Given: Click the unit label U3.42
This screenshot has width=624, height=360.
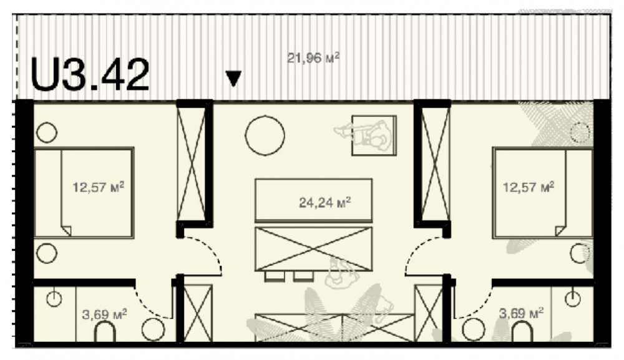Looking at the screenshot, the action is tap(90, 75).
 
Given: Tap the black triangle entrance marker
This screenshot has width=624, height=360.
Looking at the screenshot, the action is tap(233, 79).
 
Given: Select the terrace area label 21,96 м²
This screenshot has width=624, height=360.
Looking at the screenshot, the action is tap(314, 58).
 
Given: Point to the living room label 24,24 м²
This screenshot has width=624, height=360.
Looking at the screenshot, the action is tap(324, 203).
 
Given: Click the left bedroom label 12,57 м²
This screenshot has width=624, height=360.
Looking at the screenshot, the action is tap(99, 187).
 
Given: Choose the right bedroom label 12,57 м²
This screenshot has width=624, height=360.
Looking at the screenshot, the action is tap(529, 187).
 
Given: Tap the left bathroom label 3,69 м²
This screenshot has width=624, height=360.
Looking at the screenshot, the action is tap(104, 314).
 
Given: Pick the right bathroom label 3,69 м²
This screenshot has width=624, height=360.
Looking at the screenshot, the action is tap(521, 314).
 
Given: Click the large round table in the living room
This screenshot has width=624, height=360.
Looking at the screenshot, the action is tap(265, 135).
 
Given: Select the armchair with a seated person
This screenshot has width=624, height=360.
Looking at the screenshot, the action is tap(373, 135).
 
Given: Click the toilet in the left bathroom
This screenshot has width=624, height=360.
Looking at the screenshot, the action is tap(105, 332).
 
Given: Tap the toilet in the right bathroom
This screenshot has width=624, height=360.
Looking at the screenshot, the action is tap(522, 332).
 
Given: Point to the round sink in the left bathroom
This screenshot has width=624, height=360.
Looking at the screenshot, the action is tap(54, 299).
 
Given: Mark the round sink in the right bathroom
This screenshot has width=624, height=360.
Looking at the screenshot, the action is tap(573, 299).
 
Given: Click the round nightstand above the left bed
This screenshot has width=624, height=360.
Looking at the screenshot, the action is tap(47, 132).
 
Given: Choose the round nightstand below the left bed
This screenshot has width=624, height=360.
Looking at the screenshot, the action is tap(47, 253).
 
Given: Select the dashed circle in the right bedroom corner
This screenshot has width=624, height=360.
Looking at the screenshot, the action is tap(580, 132).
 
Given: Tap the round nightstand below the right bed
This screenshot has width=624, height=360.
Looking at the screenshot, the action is tap(580, 253).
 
